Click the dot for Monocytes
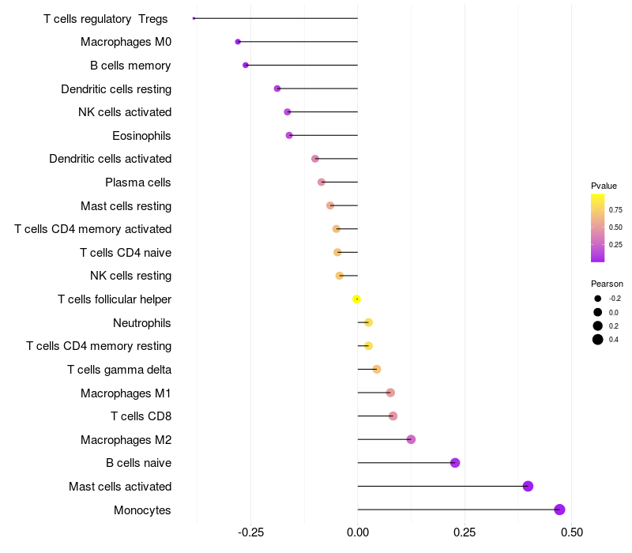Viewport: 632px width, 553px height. click(559, 510)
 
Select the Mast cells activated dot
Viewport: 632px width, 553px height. click(528, 486)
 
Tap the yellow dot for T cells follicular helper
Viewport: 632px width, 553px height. click(356, 299)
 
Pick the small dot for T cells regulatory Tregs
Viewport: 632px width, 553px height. click(194, 18)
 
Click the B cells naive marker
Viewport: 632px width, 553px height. click(455, 463)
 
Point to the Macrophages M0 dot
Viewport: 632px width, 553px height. click(238, 42)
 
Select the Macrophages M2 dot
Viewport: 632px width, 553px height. click(411, 439)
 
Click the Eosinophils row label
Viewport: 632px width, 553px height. click(141, 136)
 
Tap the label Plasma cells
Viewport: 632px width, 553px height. click(137, 182)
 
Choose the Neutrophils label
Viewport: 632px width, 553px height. click(142, 323)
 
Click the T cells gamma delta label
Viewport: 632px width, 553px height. click(119, 370)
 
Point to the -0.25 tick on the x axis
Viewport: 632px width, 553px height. click(250, 532)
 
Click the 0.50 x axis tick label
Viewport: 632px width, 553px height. click(571, 532)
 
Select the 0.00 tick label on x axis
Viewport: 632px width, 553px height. click(358, 532)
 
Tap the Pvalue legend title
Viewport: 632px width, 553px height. click(604, 186)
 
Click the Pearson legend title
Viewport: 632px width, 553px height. click(607, 284)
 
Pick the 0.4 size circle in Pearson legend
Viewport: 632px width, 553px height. click(598, 340)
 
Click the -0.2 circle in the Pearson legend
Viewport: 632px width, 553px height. click(598, 299)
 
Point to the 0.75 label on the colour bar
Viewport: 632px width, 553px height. click(615, 210)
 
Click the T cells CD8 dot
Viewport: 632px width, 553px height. click(393, 416)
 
